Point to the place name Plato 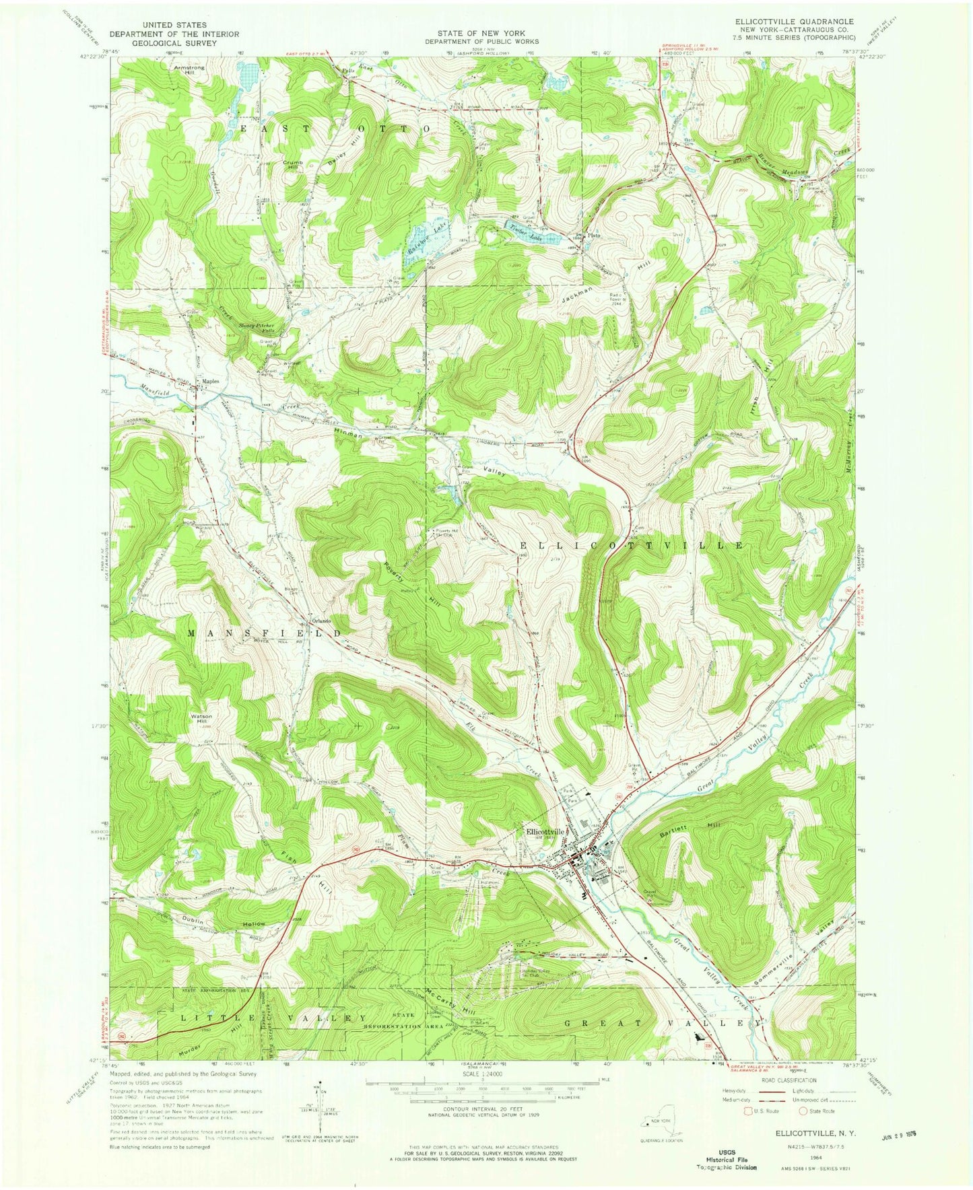point(593,236)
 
